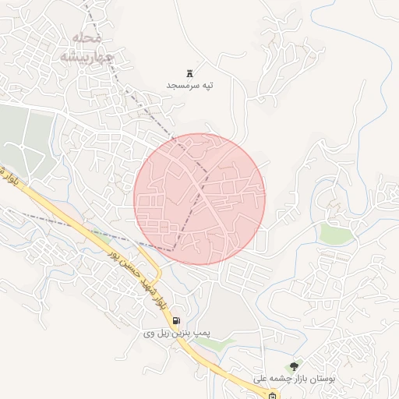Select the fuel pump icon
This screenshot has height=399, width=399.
tap(177, 320)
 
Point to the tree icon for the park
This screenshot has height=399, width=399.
tap(294, 366)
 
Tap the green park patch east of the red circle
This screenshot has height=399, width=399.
tap(335, 233)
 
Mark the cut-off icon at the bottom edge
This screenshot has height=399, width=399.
tap(272, 395)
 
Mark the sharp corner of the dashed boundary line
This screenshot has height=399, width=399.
tap(173, 249)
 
